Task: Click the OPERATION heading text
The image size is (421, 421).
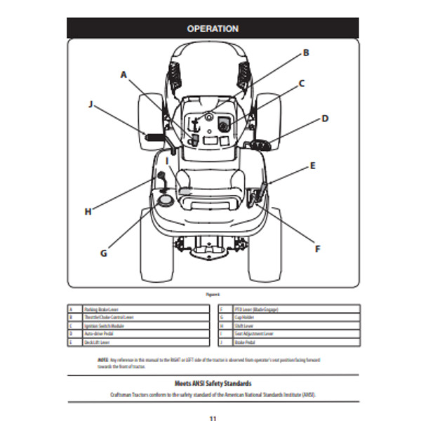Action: click(213, 29)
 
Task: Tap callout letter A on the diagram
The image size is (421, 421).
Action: click(123, 74)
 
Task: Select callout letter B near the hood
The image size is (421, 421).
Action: click(306, 53)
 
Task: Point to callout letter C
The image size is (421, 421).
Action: click(302, 83)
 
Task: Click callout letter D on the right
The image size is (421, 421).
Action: click(325, 119)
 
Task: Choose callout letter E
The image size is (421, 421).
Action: click(313, 166)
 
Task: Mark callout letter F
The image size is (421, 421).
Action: click(317, 248)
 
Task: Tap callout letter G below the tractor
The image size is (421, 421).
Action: click(104, 253)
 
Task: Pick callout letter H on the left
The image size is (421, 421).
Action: click(88, 210)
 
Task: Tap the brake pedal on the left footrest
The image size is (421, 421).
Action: click(154, 135)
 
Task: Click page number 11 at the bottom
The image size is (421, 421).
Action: click(213, 418)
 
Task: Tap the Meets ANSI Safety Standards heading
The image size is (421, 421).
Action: click(213, 383)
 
